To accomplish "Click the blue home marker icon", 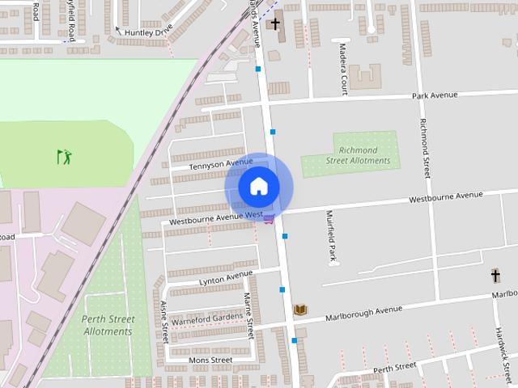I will point(258,187).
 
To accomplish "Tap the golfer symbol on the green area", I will point(65,156).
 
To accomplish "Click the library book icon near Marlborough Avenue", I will point(300,310).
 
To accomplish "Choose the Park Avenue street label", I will point(435,95).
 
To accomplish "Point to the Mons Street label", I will point(210,360).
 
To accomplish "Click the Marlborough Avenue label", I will point(363,310).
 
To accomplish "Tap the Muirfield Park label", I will point(331,237).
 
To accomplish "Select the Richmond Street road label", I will point(423,145).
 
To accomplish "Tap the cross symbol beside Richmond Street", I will point(495,276).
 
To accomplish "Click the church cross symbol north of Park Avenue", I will point(275,24).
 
